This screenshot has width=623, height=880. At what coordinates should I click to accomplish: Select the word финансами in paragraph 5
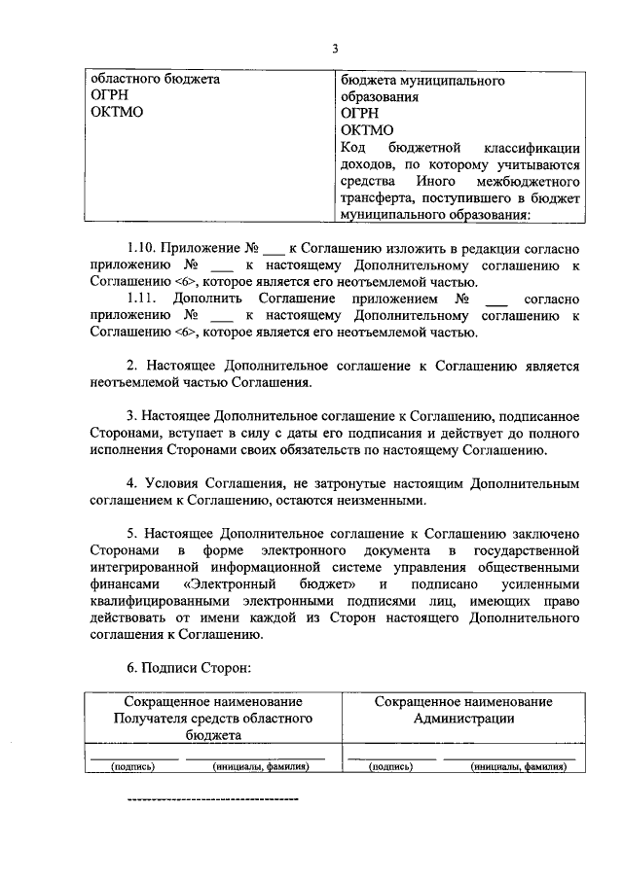119,584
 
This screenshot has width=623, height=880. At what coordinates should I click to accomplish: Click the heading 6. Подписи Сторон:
189,669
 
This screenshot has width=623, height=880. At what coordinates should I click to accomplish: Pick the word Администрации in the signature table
462,719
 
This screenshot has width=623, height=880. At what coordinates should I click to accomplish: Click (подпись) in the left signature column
132,766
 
